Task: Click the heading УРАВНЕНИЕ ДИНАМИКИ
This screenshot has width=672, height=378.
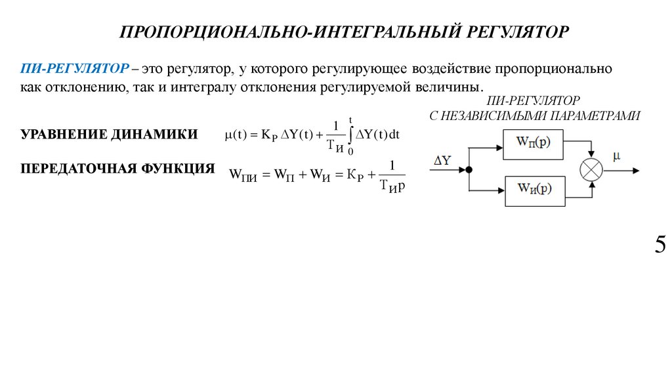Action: (109, 135)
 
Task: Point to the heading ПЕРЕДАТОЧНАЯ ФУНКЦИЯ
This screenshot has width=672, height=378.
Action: (118, 168)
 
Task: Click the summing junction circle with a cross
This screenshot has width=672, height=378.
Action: (591, 169)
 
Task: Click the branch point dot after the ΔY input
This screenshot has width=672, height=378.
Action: (471, 169)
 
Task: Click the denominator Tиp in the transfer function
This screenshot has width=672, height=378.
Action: (392, 186)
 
